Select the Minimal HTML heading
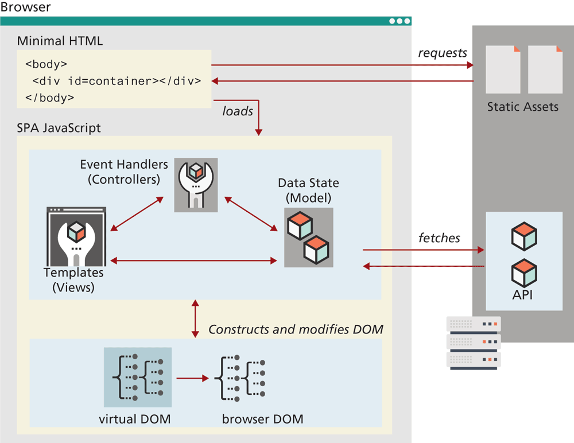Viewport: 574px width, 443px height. click(60, 41)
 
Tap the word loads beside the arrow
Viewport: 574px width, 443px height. click(238, 111)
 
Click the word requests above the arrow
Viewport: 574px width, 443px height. click(442, 53)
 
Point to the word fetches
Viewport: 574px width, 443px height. click(439, 238)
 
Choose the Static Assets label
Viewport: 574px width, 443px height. click(522, 107)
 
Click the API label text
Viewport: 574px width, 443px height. click(523, 295)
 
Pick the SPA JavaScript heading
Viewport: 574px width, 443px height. click(59, 128)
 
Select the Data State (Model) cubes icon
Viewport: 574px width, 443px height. click(308, 237)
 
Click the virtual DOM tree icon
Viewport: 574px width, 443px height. click(137, 377)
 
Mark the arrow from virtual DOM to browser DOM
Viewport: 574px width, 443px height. click(192, 378)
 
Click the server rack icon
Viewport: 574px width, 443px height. click(473, 343)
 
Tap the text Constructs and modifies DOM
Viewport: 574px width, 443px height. click(296, 329)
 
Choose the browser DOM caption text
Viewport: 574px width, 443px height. click(262, 418)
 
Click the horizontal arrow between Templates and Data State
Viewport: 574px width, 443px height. click(193, 261)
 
